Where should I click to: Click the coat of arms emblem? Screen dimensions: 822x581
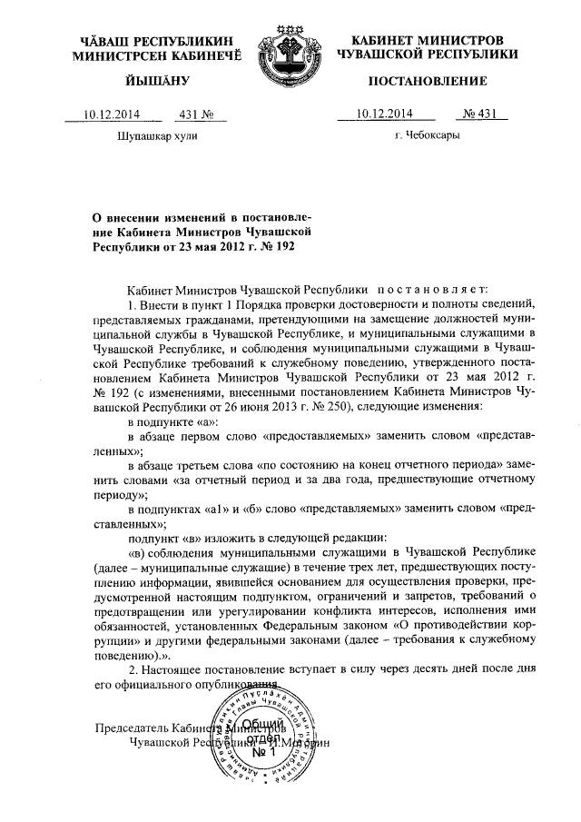tap(290, 54)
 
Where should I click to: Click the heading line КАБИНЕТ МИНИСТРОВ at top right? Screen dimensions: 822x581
tap(427, 42)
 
